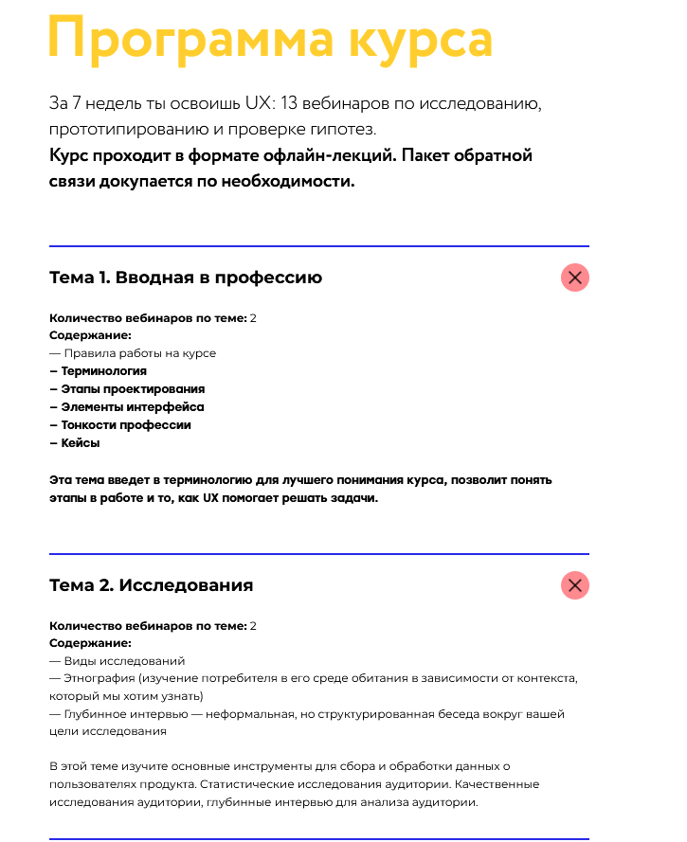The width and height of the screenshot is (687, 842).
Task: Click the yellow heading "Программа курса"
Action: tap(271, 40)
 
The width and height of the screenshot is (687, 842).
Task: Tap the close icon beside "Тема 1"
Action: tap(575, 278)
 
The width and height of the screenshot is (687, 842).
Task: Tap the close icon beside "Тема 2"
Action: tap(575, 585)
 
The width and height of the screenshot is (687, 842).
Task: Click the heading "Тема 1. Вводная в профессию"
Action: tap(186, 278)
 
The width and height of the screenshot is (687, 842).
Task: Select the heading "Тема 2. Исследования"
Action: tap(152, 585)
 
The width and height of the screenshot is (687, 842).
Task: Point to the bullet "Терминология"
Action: tap(103, 371)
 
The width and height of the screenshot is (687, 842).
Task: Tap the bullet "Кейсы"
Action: tap(81, 443)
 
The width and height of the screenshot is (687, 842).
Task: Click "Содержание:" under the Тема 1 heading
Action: tap(90, 335)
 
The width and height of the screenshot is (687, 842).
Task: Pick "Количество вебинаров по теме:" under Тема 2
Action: tap(148, 626)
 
